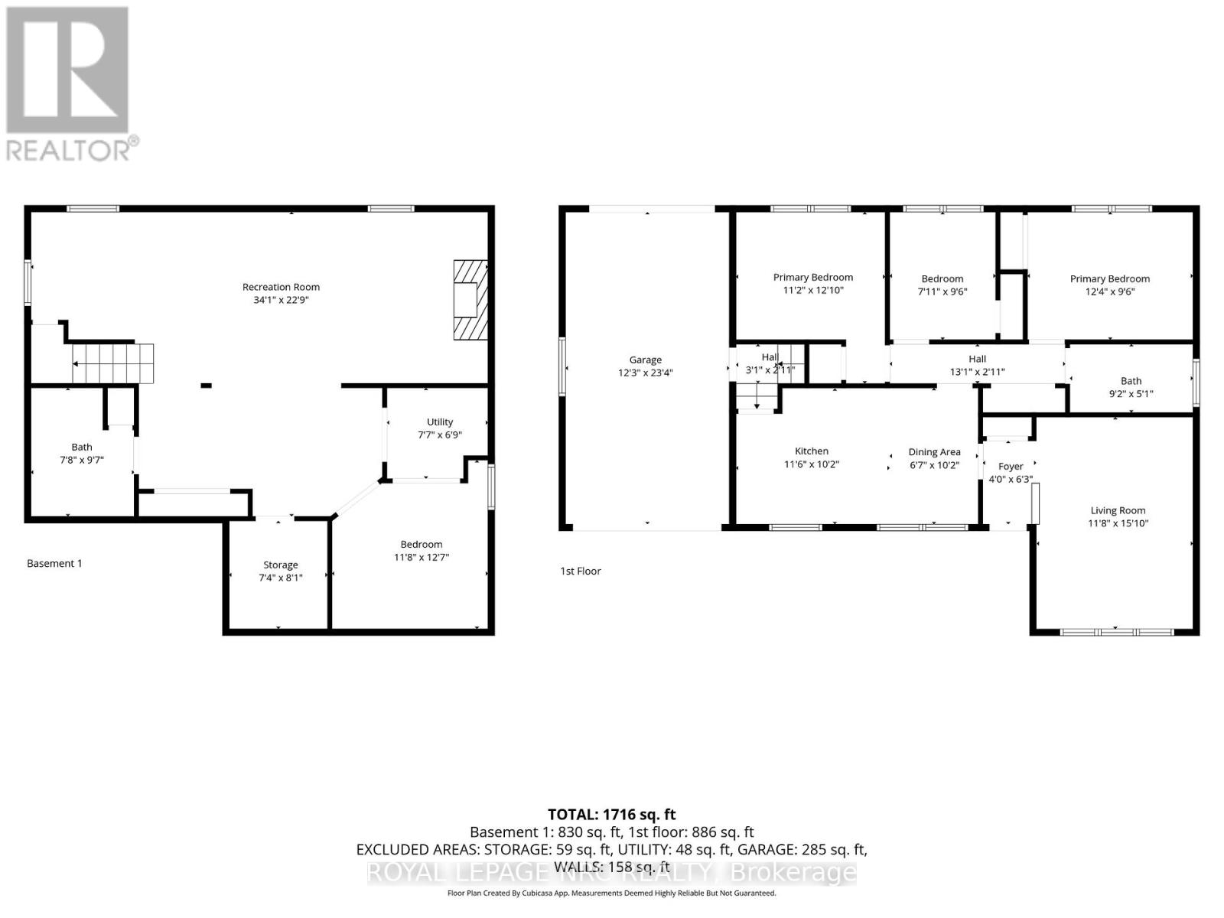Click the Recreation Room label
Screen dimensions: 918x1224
coord(281,287)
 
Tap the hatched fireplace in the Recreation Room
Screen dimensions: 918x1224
coord(470,300)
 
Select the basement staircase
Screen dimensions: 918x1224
coord(113,363)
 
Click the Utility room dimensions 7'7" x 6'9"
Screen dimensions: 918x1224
coord(439,435)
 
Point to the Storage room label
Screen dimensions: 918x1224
coord(280,565)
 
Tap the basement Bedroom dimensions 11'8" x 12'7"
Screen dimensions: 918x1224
coord(421,557)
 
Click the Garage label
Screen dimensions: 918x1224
coord(645,360)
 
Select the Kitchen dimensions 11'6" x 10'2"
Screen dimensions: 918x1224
coord(811,464)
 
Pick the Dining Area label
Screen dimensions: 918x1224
coord(934,451)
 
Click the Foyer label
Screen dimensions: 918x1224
coord(1010,466)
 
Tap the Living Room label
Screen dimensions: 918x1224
coord(1118,510)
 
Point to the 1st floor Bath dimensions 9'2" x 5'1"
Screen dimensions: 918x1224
coord(1131,393)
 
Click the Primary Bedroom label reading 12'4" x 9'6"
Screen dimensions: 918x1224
coord(1109,278)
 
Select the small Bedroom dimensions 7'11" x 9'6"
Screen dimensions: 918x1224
coord(942,291)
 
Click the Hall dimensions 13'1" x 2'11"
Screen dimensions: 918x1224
coord(977,372)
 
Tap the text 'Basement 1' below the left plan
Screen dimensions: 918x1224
coord(54,563)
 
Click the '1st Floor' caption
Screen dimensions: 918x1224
coord(581,571)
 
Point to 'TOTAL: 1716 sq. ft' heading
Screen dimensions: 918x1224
coord(611,815)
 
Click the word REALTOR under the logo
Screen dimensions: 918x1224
coord(69,149)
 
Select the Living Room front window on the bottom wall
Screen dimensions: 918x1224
coord(1116,632)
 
